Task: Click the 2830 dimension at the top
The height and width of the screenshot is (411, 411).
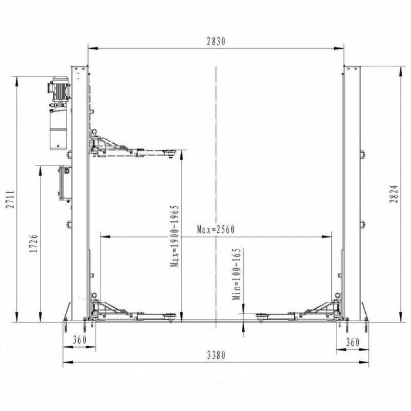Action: [215, 41]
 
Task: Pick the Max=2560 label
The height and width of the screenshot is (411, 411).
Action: [215, 229]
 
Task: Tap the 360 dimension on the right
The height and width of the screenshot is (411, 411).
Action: [352, 341]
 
